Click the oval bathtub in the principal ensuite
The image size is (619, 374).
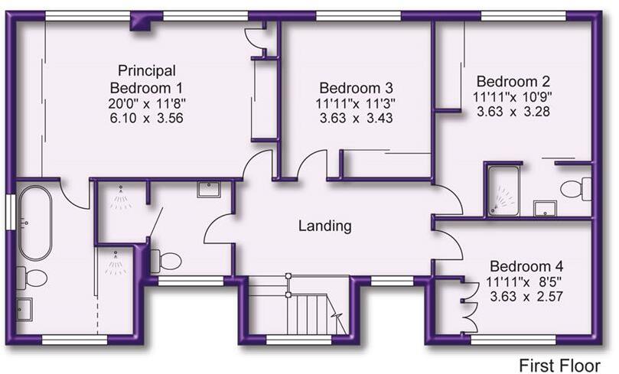click(x=34, y=223)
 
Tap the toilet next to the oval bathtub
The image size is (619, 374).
click(x=32, y=277)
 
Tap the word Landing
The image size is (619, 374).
click(x=324, y=226)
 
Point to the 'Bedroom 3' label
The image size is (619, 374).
click(x=355, y=86)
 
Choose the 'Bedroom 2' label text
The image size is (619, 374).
click(x=513, y=81)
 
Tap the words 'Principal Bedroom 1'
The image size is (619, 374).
click(x=148, y=78)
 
